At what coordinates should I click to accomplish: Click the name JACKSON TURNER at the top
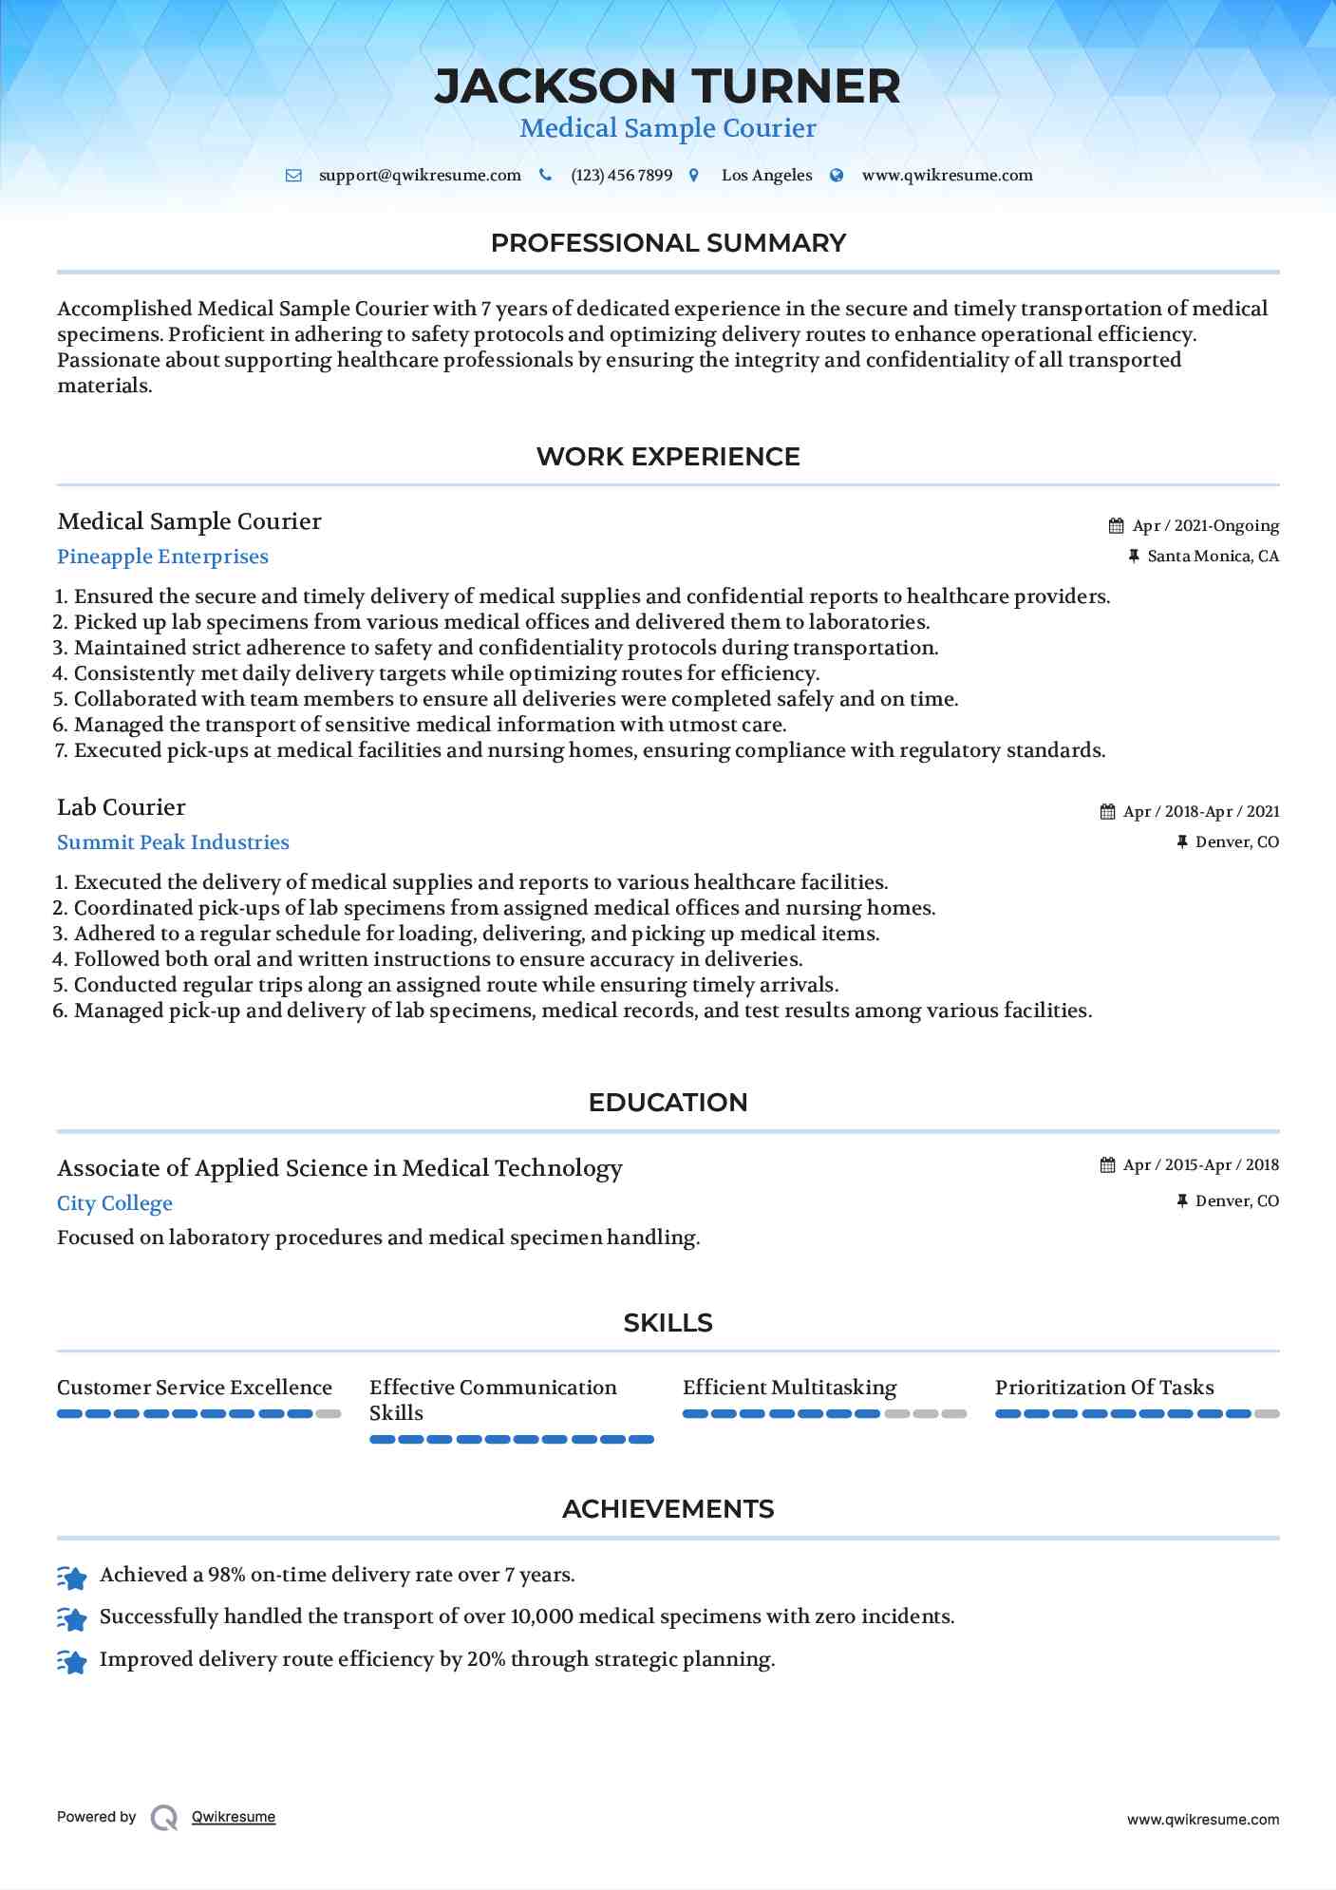coord(668,86)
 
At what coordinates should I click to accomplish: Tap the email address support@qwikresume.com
coord(420,176)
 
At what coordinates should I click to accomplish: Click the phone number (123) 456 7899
coord(621,176)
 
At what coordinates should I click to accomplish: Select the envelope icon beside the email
coord(294,176)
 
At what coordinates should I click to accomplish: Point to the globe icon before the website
coord(837,176)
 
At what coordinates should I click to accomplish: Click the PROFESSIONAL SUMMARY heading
coord(668,243)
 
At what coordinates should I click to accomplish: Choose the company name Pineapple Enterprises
coord(162,557)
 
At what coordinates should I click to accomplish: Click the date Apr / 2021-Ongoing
coord(1205,526)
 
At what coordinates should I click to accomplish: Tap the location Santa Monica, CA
coord(1213,557)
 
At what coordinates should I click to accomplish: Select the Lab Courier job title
coord(122,807)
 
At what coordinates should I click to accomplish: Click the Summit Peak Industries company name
coord(173,842)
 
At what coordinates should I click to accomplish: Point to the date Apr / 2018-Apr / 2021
coord(1200,812)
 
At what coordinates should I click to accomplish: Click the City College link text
coord(115,1203)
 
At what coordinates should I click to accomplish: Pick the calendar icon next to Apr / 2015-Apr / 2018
coord(1107,1165)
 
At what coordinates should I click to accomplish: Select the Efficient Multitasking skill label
coord(789,1388)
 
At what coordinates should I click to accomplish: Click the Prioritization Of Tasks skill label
coord(1104,1388)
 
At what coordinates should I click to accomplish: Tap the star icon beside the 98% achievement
coord(72,1578)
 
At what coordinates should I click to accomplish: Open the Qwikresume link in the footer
coord(234,1817)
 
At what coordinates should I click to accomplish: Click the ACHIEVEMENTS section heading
coord(668,1509)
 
